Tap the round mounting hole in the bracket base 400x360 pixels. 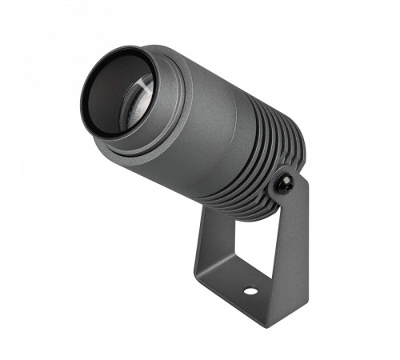pyautogui.click(x=250, y=289)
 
